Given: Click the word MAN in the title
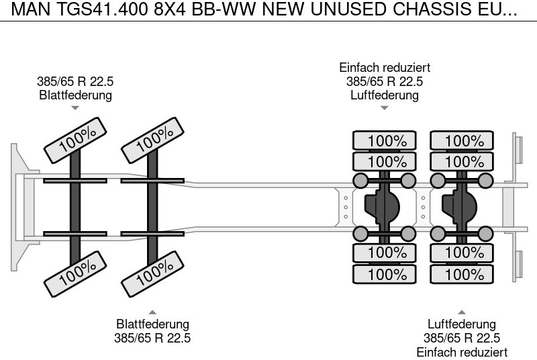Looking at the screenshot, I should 23,11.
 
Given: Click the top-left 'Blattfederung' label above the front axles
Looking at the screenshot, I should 75,95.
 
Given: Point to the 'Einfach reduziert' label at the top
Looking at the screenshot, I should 385,68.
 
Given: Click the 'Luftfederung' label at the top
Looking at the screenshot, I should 385,95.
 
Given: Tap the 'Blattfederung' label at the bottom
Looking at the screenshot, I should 152,324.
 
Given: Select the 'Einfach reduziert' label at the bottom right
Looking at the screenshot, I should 462,352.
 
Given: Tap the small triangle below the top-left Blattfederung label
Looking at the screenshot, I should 75,107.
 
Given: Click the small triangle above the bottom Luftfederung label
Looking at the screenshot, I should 462,312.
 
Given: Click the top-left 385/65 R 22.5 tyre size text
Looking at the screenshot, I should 75,81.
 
